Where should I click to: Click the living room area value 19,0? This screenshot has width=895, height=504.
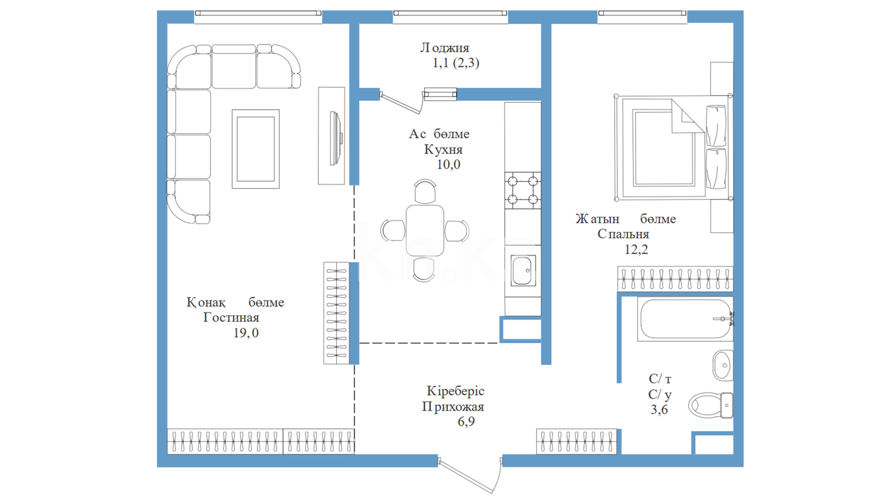[x=246, y=333]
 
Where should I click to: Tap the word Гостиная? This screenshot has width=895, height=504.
[x=231, y=317]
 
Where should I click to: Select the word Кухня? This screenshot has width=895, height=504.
[x=443, y=149]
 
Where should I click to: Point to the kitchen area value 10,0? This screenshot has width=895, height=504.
[x=448, y=164]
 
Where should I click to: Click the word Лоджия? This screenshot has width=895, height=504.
[x=445, y=48]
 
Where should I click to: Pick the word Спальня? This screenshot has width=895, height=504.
[x=623, y=234]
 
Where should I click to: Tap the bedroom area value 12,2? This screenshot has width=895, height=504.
[x=636, y=249]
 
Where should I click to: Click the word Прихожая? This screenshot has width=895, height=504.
[x=453, y=407]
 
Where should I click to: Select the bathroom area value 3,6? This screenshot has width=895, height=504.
[x=659, y=410]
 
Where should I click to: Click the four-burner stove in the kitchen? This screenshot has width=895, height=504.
[x=523, y=190]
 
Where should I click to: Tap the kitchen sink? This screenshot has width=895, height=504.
[x=523, y=270]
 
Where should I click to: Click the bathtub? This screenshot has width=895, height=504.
[x=685, y=319]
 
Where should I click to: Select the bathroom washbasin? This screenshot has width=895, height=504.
[x=723, y=365]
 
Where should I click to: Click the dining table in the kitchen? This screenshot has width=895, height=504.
[x=425, y=231]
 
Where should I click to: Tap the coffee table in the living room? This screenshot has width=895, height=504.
[x=255, y=149]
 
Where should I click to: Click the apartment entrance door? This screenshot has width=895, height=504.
[x=470, y=475]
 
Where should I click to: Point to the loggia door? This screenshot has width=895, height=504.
[x=401, y=103]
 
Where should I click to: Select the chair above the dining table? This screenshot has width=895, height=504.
[x=425, y=191]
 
